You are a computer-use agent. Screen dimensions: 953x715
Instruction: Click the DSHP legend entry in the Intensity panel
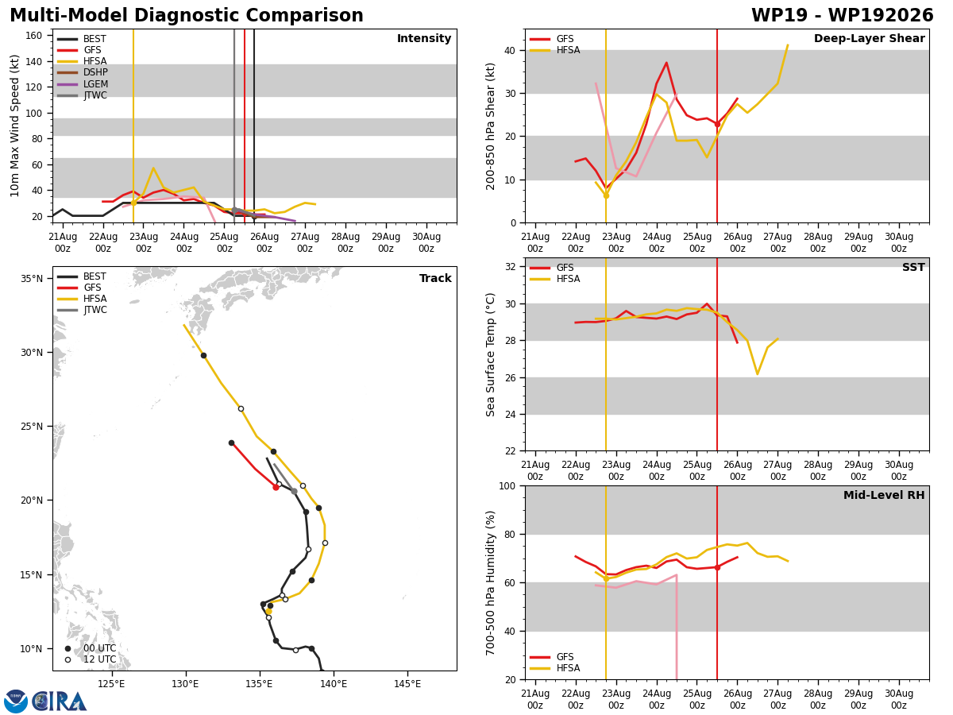[83, 72]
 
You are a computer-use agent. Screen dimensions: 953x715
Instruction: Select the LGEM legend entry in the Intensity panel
[83, 83]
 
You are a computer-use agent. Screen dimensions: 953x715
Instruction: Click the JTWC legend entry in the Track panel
[83, 310]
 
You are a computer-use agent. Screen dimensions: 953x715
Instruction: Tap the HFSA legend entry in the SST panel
[555, 279]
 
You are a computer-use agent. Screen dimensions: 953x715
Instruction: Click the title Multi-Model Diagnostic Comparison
[187, 15]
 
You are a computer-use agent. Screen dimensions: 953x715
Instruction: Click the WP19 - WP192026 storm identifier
[843, 15]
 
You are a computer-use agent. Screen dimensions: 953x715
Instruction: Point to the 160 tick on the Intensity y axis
[33, 36]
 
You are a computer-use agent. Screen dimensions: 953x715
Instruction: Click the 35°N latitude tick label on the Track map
[32, 278]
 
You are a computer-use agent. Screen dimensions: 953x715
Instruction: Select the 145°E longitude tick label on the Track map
[407, 684]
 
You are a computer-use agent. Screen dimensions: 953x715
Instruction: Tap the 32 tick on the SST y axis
[511, 267]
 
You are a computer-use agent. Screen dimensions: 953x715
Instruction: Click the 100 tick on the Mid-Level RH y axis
[507, 485]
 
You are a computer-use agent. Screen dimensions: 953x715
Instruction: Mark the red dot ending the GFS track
[276, 487]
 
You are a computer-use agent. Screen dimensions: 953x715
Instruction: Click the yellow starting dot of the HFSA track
[268, 611]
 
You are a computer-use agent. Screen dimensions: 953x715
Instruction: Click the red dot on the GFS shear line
[717, 124]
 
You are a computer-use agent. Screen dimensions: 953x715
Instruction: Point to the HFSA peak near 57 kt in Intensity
[153, 168]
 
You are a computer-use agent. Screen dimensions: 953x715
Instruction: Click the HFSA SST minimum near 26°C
[757, 373]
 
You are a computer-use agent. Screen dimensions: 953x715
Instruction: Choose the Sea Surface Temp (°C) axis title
[490, 355]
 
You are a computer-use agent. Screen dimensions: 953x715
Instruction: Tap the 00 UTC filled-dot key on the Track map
[91, 648]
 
